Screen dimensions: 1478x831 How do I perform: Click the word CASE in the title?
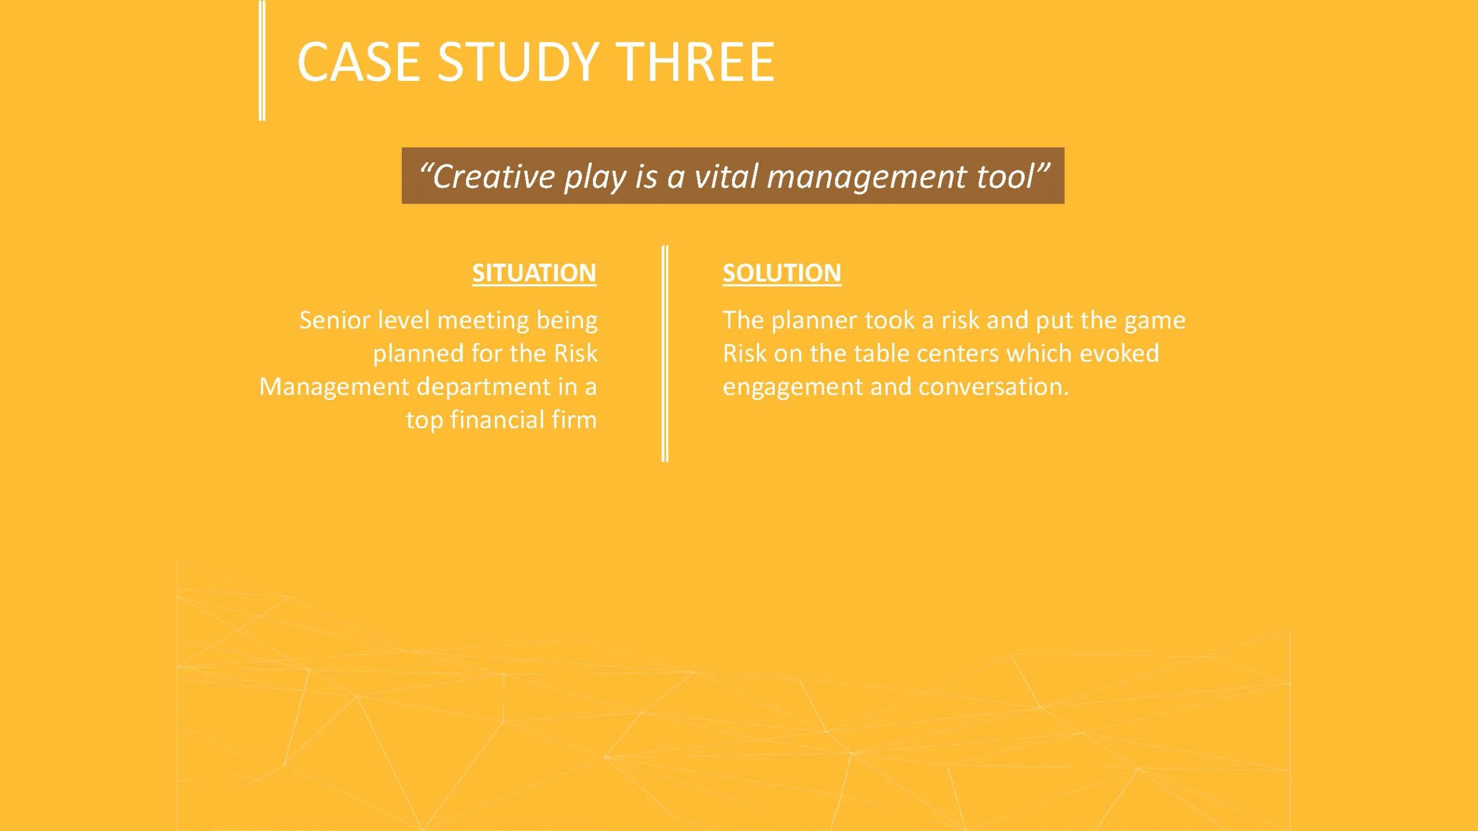(x=359, y=62)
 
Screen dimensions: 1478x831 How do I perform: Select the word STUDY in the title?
(x=518, y=62)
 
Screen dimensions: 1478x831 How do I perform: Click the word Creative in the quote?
(x=494, y=176)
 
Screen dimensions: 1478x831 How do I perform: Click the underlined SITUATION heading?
(x=534, y=273)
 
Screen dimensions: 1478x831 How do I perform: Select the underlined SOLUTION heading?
(x=782, y=273)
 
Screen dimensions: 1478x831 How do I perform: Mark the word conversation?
(x=993, y=387)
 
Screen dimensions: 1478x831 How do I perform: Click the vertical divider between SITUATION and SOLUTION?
(x=665, y=353)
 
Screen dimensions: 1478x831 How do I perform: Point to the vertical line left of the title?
(x=262, y=60)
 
